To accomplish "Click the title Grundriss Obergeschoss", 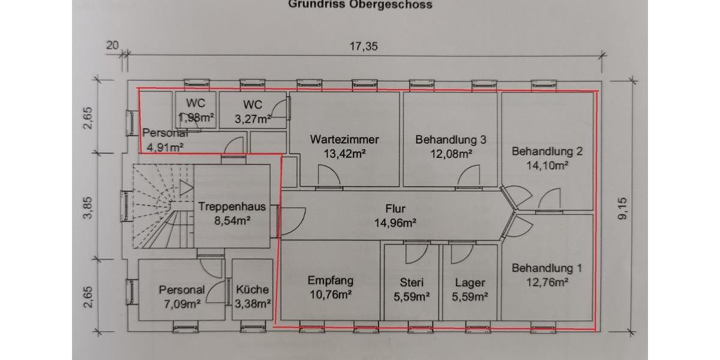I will (x=360, y=5).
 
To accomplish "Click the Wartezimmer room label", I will (x=344, y=139).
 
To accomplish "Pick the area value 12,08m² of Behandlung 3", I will (x=451, y=153).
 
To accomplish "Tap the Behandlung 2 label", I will (x=547, y=151).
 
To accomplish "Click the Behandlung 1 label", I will (x=547, y=268).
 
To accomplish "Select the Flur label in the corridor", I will (x=395, y=209).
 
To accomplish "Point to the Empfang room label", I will (x=330, y=280).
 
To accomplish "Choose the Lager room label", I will (x=470, y=283).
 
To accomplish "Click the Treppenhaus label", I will (x=232, y=206).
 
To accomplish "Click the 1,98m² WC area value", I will (x=196, y=116).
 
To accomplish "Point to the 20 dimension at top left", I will (x=112, y=45).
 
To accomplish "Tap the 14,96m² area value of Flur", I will (x=395, y=223).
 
